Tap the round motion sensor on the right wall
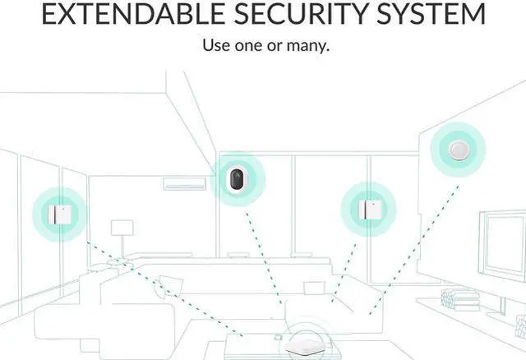tap(457, 150)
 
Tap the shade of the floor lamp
tap(122, 227)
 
